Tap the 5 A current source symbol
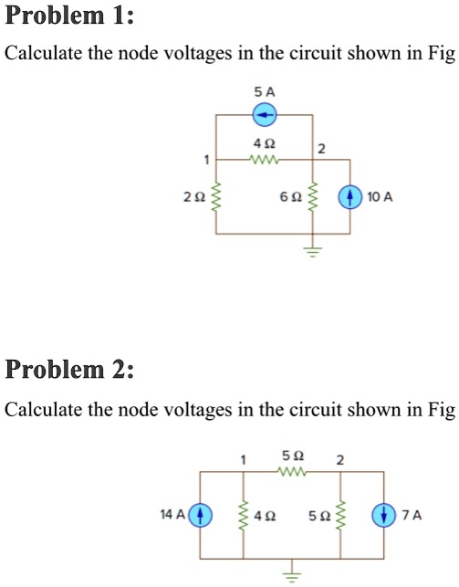click(265, 115)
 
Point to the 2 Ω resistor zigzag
click(216, 196)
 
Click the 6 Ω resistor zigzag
click(313, 196)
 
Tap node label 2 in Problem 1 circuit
click(321, 148)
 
